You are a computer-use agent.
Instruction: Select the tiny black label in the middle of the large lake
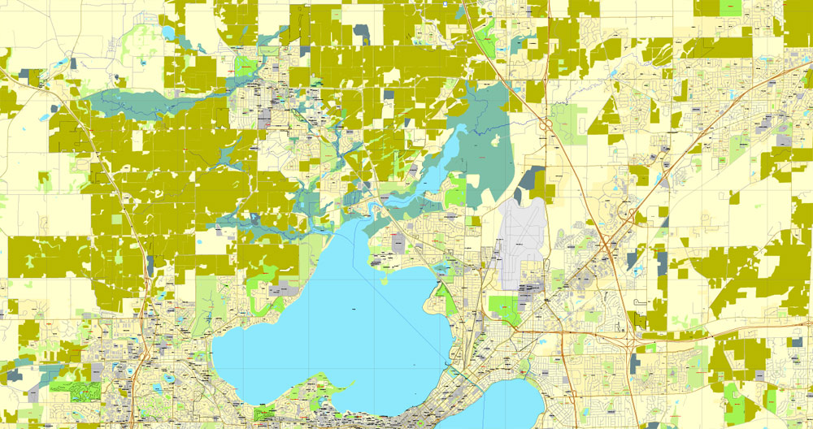pos(354,309)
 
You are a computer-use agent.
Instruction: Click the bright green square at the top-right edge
pos(730,7)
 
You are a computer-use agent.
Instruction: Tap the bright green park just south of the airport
pos(503,309)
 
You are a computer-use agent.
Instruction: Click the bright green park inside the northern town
pos(245,65)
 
